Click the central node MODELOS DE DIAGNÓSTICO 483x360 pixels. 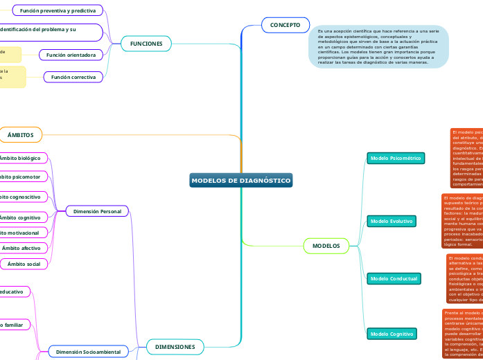(x=240, y=181)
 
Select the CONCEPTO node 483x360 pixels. (x=285, y=25)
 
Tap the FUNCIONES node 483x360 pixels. (x=146, y=44)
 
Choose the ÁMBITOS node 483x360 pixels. (x=21, y=134)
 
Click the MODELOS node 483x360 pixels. (x=326, y=246)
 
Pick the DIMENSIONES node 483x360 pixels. (x=175, y=346)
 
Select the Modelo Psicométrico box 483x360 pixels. (x=395, y=159)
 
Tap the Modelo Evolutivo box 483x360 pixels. (x=392, y=221)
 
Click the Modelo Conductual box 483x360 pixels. (x=394, y=278)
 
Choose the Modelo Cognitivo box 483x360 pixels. (x=392, y=334)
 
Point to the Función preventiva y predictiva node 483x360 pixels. (x=58, y=10)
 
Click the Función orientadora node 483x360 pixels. (x=71, y=54)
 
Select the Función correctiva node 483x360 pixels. (x=73, y=77)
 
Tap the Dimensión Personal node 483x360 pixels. (x=97, y=211)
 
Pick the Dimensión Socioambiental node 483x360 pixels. (x=88, y=352)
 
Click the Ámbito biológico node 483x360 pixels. (x=21, y=159)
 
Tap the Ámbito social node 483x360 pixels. (x=23, y=264)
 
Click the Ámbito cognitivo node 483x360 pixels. (x=21, y=217)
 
